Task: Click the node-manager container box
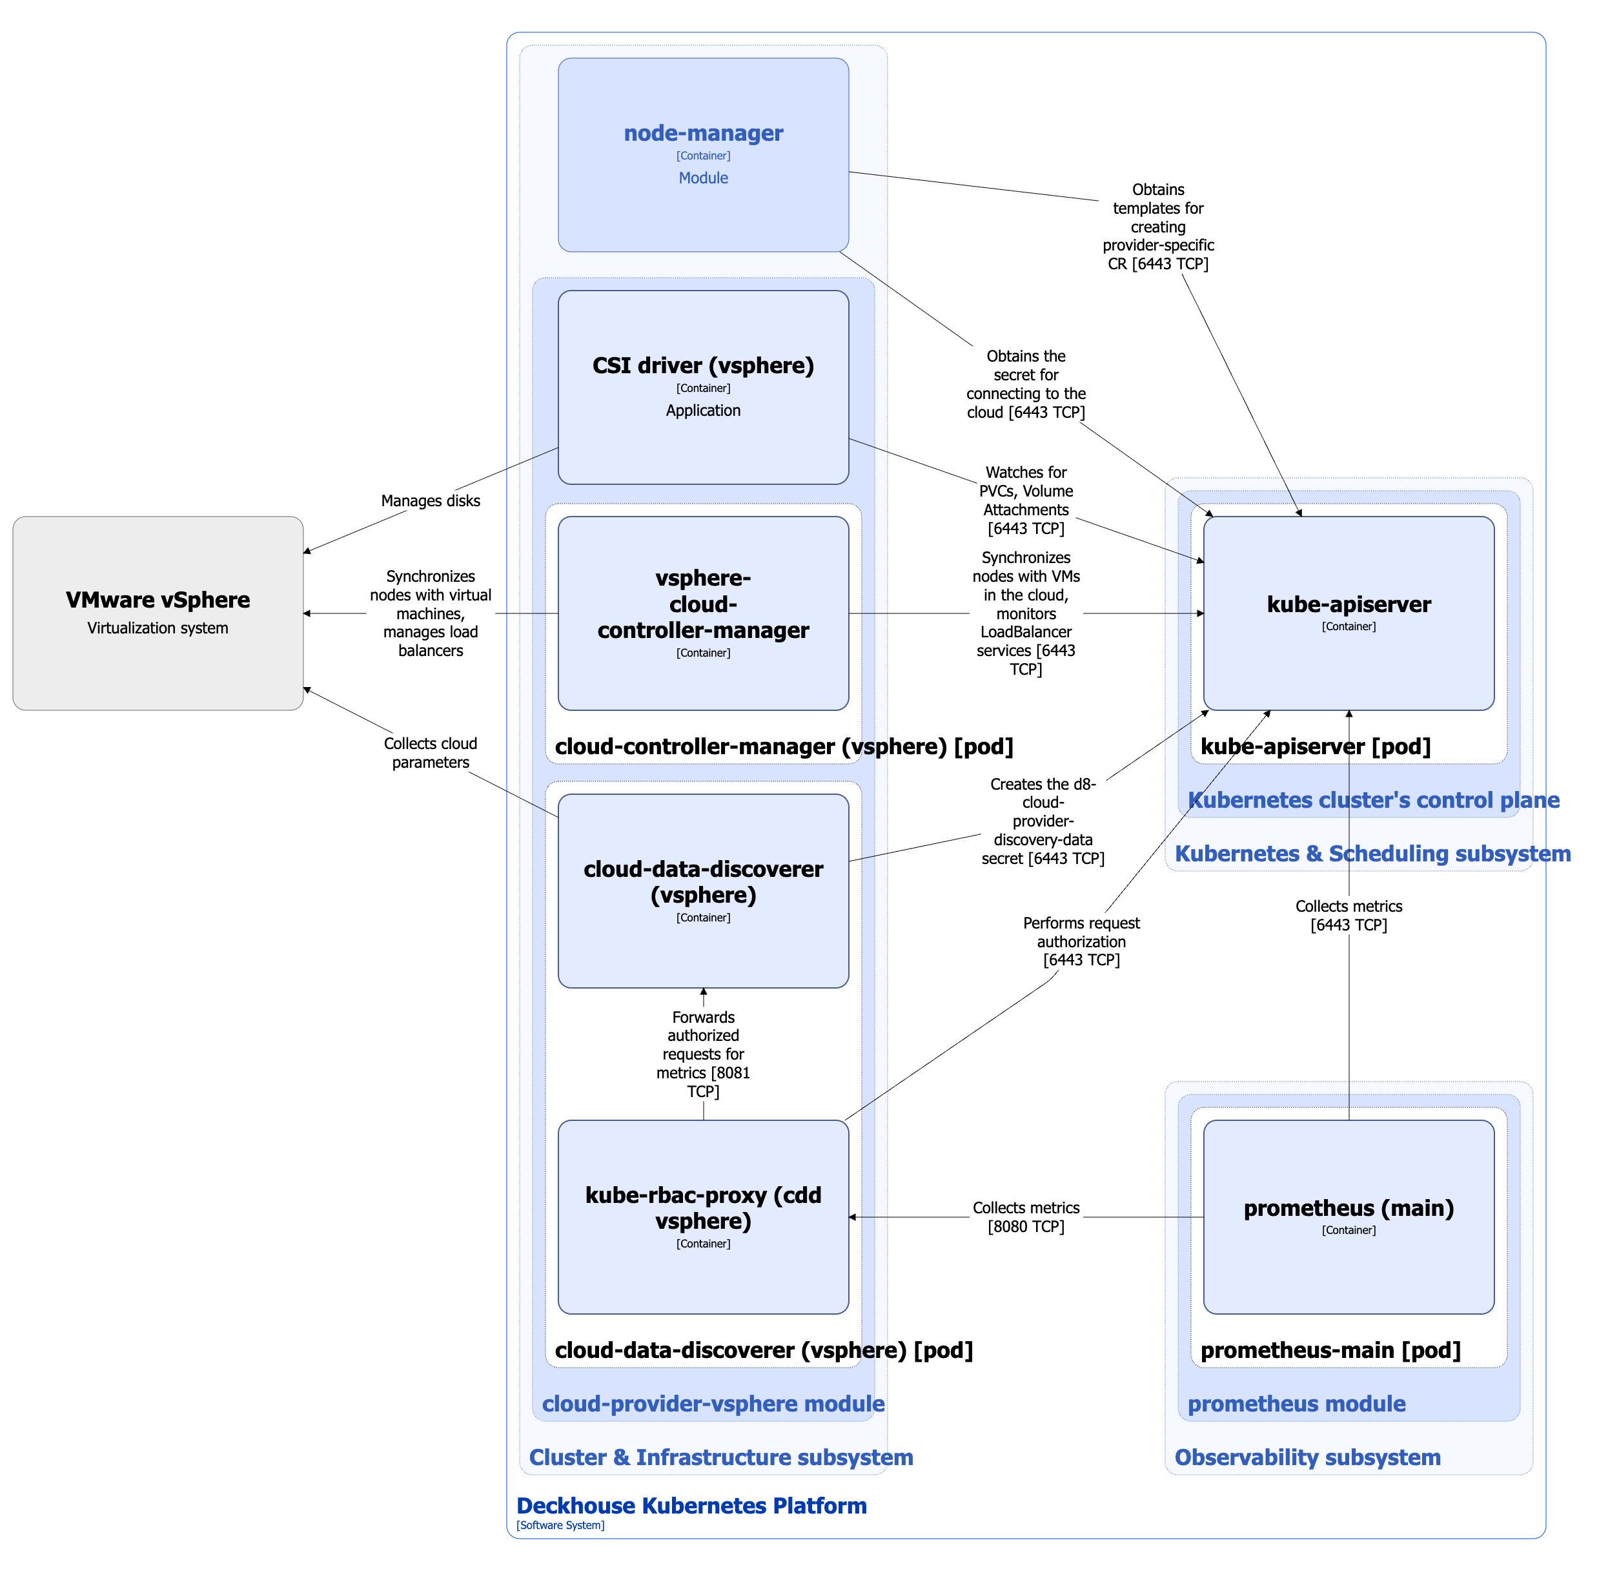point(703,154)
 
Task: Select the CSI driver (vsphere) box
point(703,387)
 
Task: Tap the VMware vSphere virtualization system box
point(158,613)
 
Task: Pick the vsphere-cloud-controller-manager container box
point(703,613)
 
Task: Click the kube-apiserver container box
point(1348,613)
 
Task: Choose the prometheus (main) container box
point(1348,1217)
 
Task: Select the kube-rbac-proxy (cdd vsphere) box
point(703,1217)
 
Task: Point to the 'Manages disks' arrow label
point(430,501)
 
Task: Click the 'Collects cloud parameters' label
point(430,752)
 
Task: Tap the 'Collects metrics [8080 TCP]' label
point(1026,1217)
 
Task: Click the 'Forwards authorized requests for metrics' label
point(703,1054)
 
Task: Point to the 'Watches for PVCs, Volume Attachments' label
point(1026,500)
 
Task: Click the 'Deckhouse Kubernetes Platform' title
point(691,1505)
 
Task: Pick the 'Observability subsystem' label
point(1307,1457)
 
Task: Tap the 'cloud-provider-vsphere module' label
point(713,1404)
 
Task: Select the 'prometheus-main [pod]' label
point(1330,1350)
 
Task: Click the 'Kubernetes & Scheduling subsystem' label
point(1372,853)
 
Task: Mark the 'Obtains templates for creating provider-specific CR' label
point(1157,226)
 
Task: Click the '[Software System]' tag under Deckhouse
point(560,1525)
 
